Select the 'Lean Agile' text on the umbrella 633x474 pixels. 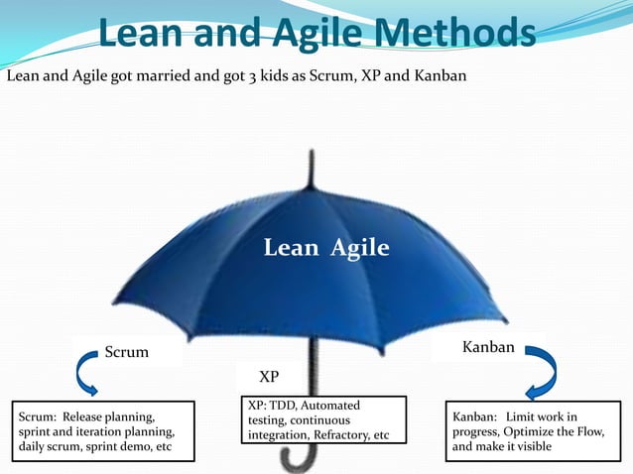[x=326, y=248]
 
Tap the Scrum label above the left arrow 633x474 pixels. [x=127, y=352]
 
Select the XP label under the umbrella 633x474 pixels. [x=269, y=378]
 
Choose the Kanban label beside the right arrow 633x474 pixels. [x=488, y=347]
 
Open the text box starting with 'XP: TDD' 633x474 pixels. [x=325, y=420]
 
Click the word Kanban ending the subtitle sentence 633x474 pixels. [x=441, y=75]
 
